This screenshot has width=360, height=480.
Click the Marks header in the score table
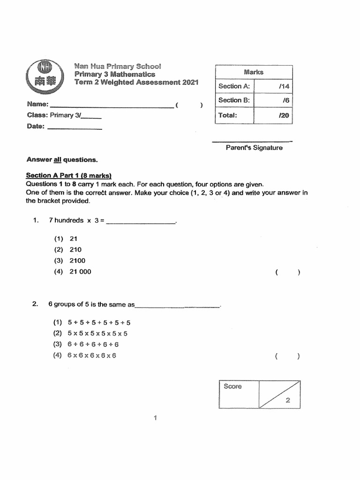point(254,72)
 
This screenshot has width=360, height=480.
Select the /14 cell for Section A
point(273,86)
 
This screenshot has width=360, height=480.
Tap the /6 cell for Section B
point(273,100)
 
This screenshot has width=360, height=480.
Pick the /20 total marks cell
point(273,115)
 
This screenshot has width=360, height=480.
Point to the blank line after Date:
point(75,127)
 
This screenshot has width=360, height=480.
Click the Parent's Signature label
point(254,148)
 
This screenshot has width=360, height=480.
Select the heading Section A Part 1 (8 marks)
point(68,176)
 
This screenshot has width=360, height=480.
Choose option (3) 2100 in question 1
point(70,261)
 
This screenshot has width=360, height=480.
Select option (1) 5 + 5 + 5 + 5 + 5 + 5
point(92,322)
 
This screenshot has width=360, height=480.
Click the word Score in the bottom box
point(233,386)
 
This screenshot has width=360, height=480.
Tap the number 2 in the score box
point(288,400)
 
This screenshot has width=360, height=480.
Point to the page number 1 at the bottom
point(155,419)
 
